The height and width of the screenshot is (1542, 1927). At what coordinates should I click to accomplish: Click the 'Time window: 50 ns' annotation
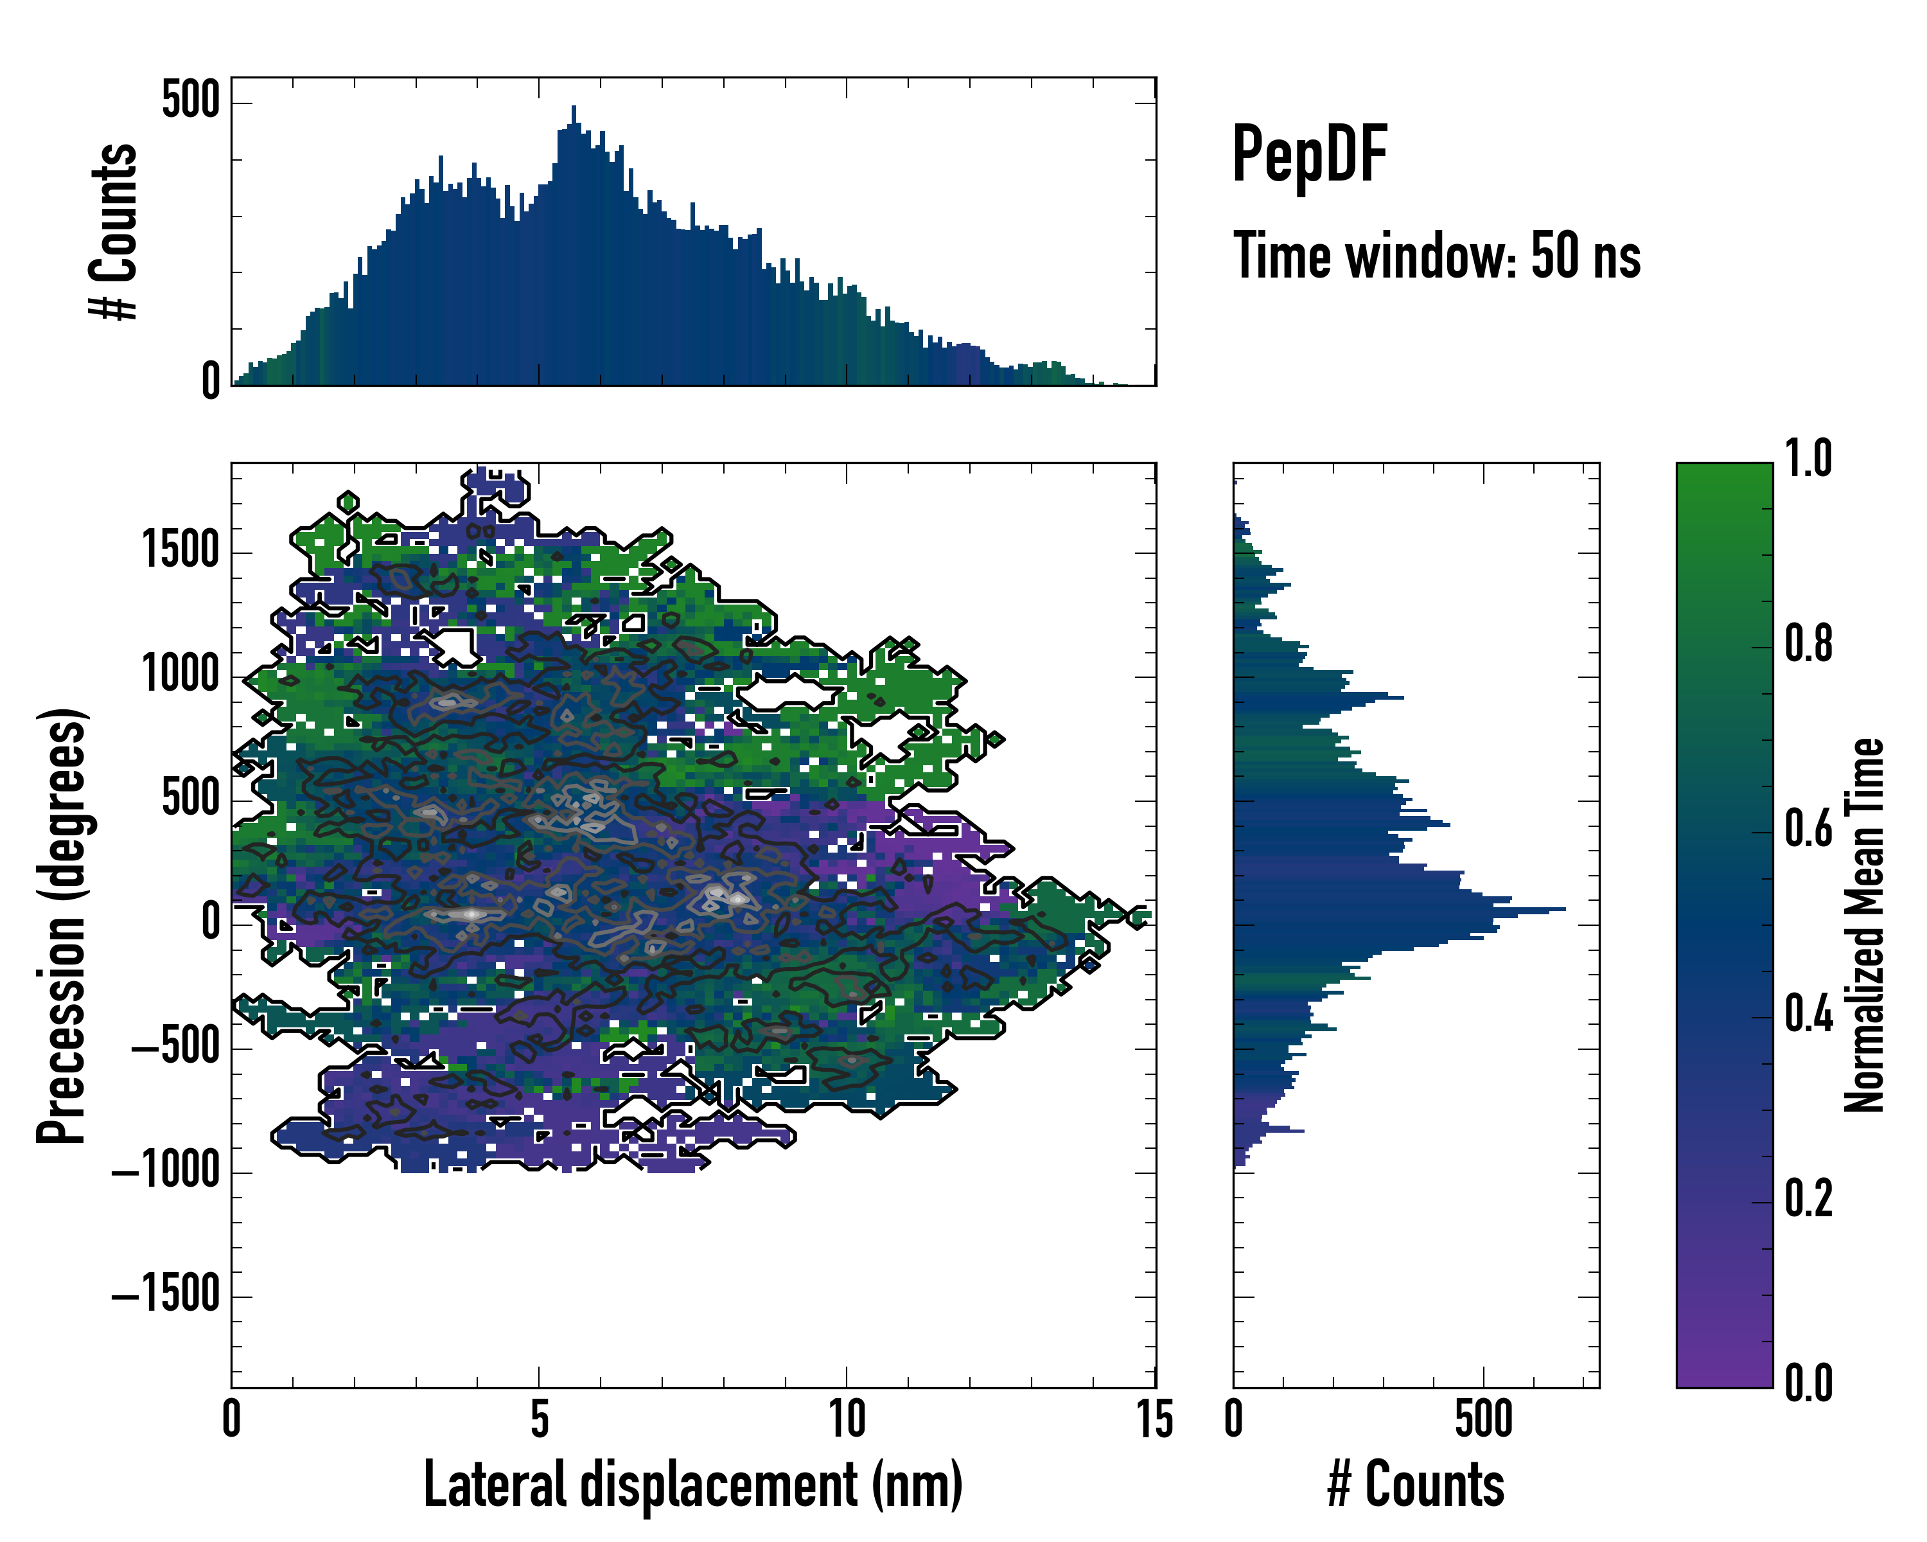click(1436, 256)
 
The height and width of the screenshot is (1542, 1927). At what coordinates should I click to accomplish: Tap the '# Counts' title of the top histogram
click(114, 231)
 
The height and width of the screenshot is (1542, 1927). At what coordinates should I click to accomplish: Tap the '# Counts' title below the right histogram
click(1416, 1485)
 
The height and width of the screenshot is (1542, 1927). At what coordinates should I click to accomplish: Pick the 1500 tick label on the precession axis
click(181, 550)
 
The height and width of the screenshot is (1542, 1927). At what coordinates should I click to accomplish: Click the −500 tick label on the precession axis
click(176, 1046)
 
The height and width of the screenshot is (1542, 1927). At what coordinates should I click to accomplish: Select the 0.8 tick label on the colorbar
click(1808, 644)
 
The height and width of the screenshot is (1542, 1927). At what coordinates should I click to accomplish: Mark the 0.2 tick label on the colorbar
click(1808, 1200)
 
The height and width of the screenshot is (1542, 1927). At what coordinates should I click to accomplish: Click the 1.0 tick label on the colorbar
click(1808, 459)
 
